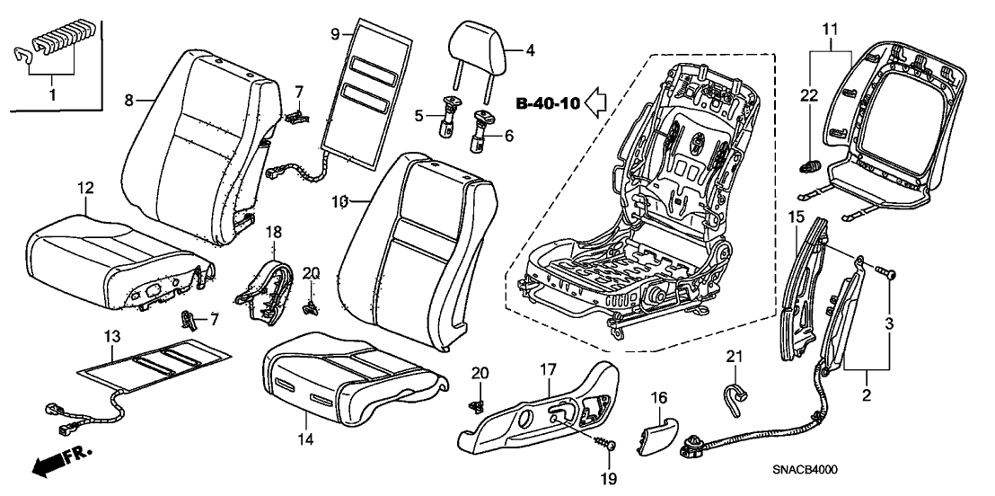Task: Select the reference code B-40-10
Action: [x=547, y=104]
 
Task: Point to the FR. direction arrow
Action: [x=52, y=462]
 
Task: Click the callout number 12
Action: [x=85, y=188]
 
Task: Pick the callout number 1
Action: [x=51, y=93]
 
